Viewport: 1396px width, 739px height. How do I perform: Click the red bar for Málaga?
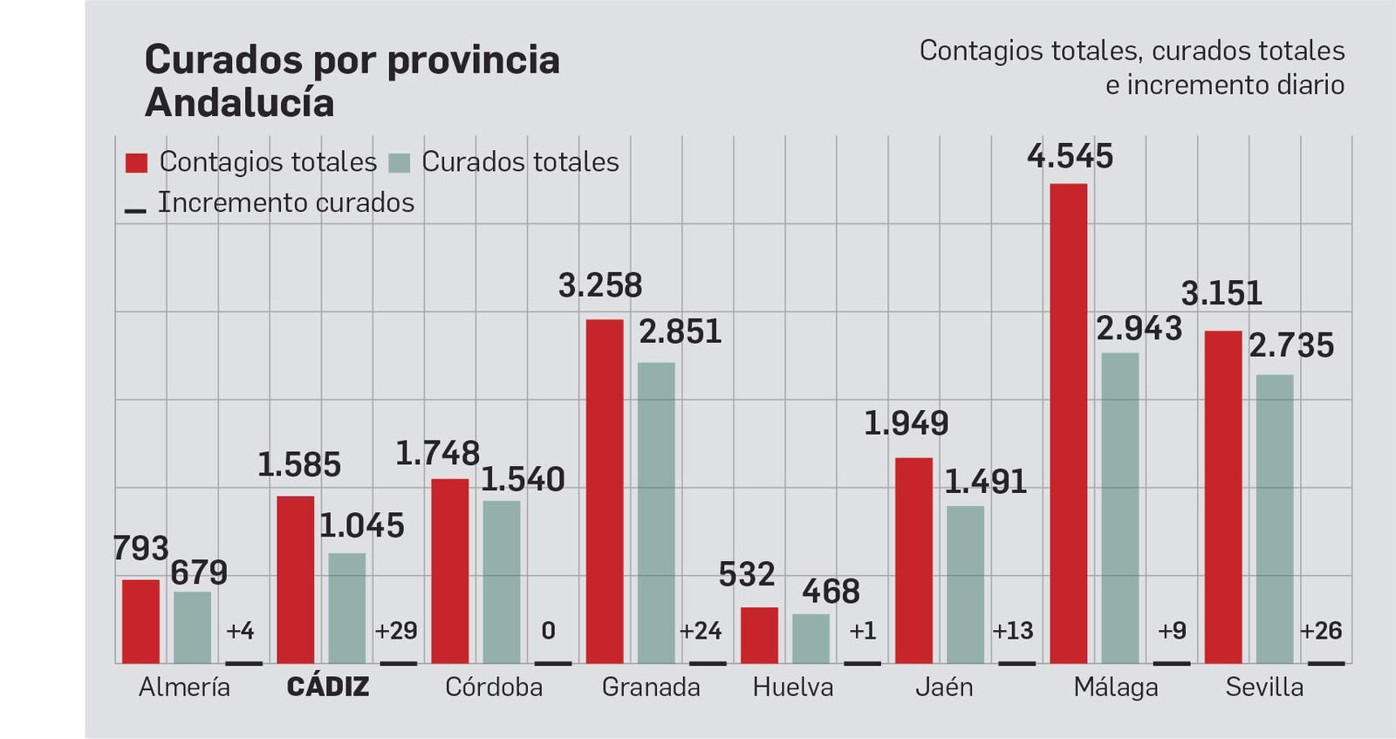click(x=1068, y=423)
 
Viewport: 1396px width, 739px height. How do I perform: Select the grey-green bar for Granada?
click(x=655, y=513)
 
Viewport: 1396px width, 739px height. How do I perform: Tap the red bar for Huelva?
click(x=759, y=635)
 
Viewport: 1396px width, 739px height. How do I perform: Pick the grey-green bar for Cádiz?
click(x=346, y=608)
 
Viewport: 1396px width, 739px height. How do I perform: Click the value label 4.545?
click(x=1070, y=157)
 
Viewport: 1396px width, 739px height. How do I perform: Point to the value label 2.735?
click(x=1291, y=346)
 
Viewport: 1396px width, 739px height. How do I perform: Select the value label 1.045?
click(x=361, y=526)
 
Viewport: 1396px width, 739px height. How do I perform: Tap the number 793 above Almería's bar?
click(x=140, y=549)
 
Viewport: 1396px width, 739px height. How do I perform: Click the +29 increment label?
click(x=395, y=631)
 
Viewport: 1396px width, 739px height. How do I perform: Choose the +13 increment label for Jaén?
click(x=1012, y=631)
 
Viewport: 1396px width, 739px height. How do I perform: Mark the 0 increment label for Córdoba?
click(x=548, y=631)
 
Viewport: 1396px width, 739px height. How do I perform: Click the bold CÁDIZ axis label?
click(x=328, y=688)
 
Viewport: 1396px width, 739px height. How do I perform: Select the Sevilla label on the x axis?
click(x=1264, y=688)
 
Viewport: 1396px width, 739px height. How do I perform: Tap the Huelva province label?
click(x=792, y=688)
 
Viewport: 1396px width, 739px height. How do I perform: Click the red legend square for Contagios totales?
click(x=137, y=163)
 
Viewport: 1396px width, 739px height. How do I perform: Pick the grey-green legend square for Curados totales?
click(x=399, y=163)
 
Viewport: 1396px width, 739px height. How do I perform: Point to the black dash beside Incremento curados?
click(x=135, y=210)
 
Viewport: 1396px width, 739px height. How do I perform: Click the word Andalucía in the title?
click(x=239, y=103)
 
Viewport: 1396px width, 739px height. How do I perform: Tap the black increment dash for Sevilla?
click(x=1325, y=663)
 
